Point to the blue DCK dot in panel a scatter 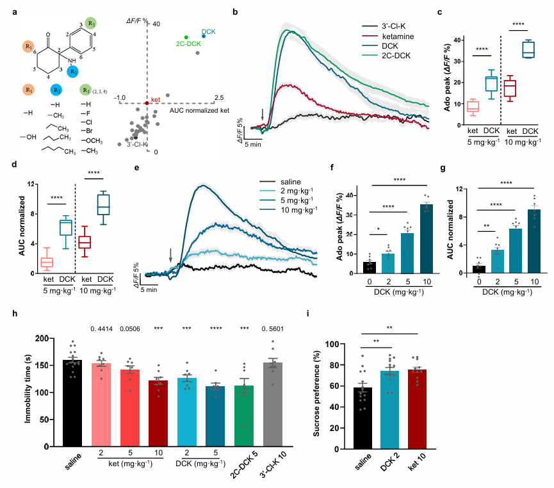click(x=204, y=36)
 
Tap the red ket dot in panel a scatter click(x=147, y=102)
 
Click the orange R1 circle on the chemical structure click(x=28, y=47)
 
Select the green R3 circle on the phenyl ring click(x=92, y=23)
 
